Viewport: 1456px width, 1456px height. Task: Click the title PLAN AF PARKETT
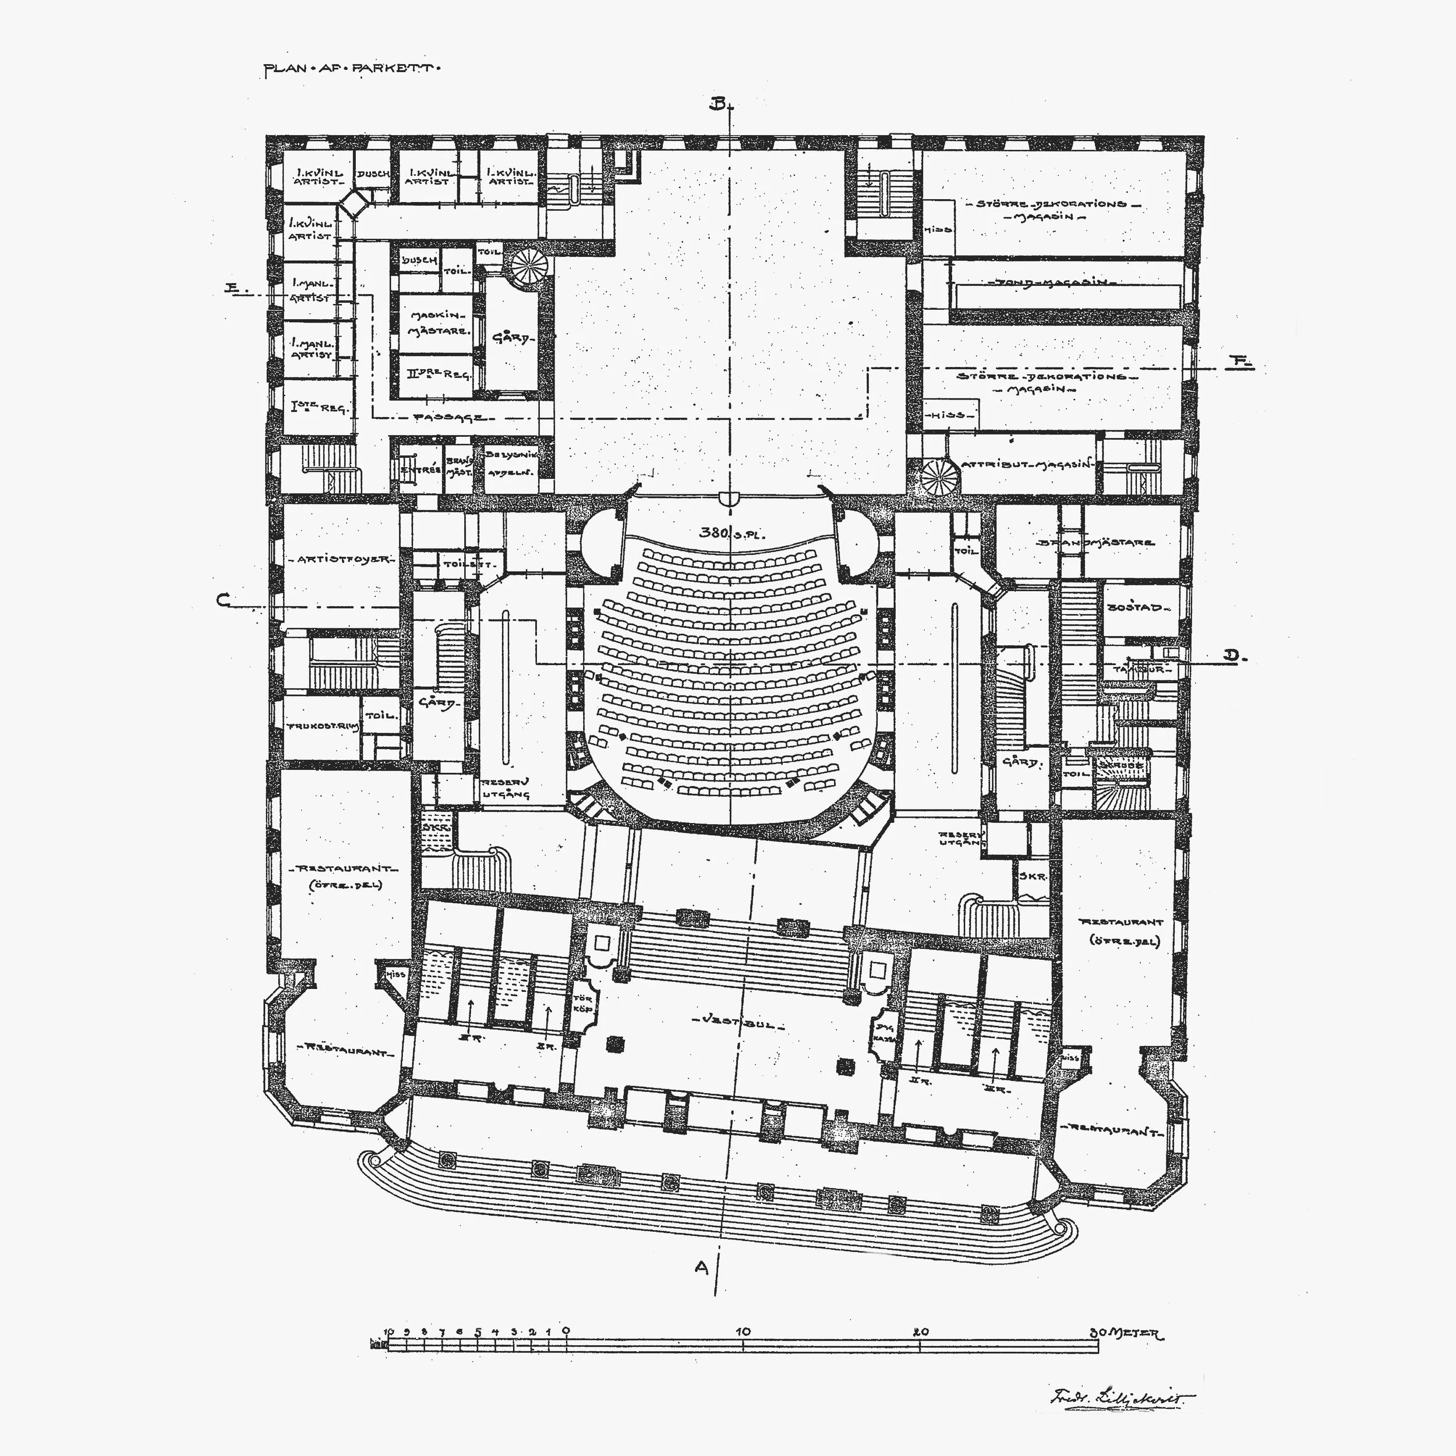[x=351, y=69]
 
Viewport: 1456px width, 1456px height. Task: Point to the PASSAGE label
[x=450, y=417]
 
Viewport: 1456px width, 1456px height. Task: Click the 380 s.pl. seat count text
[x=731, y=533]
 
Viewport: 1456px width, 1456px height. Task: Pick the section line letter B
[x=718, y=104]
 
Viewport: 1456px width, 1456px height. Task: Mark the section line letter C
[x=223, y=600]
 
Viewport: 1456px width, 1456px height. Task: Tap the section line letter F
[x=1238, y=362]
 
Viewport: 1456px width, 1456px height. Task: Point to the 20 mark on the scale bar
[x=920, y=1331]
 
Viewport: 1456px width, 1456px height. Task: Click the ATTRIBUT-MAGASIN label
[x=1026, y=465]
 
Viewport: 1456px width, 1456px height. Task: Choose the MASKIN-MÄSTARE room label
[x=438, y=323]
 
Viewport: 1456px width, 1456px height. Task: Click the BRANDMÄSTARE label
[x=1094, y=542]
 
